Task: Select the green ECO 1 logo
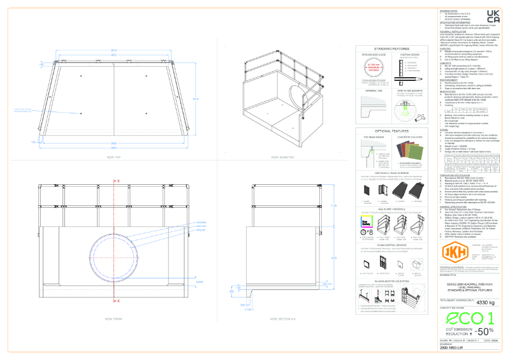pos(470,318)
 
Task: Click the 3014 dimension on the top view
pos(115,50)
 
